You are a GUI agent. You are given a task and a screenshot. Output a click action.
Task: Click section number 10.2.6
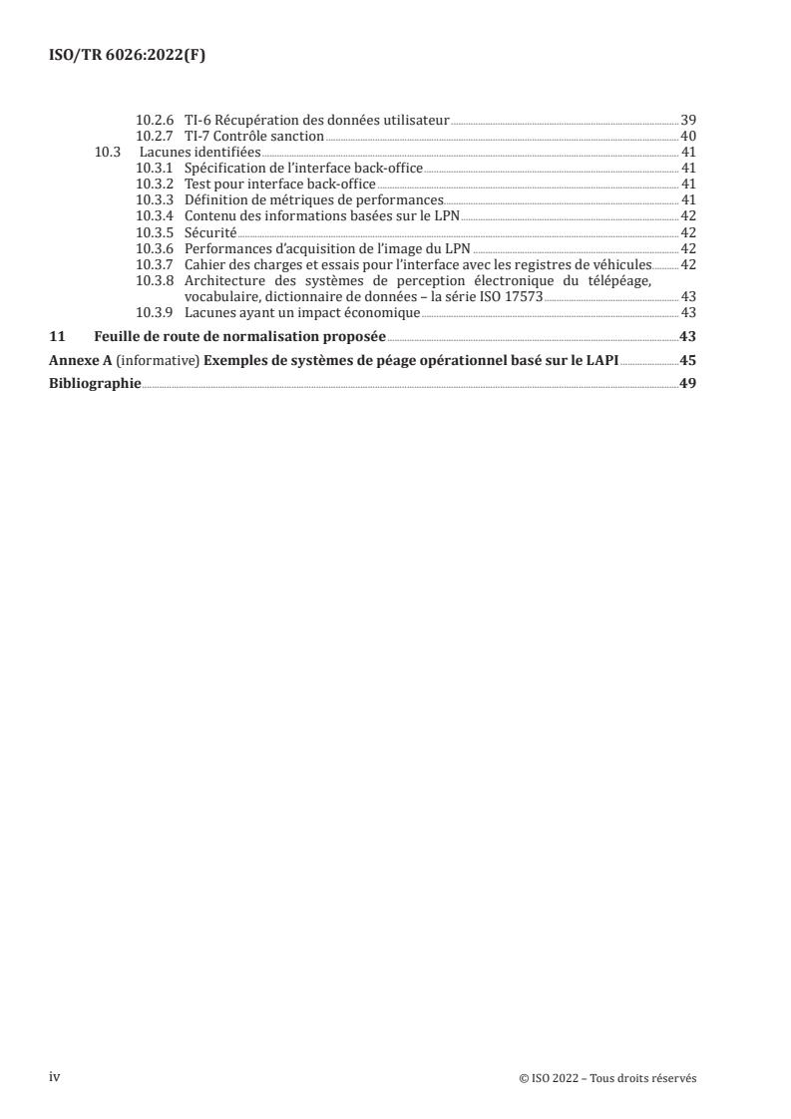(156, 120)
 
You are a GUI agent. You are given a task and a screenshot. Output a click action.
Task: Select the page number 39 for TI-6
(687, 120)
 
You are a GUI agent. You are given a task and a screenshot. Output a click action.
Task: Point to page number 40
(687, 136)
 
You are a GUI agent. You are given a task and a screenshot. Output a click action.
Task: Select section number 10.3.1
(156, 168)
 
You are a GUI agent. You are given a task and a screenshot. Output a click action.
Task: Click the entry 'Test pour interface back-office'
(279, 184)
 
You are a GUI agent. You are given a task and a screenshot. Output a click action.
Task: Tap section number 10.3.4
(156, 215)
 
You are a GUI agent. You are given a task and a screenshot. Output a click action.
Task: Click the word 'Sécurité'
(209, 231)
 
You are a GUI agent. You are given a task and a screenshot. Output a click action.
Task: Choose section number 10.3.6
(156, 247)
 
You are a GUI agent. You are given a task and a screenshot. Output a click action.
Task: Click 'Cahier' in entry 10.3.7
(205, 264)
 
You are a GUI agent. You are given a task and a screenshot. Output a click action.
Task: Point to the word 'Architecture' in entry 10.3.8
(225, 280)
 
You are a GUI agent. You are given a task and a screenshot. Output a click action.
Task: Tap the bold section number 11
(57, 336)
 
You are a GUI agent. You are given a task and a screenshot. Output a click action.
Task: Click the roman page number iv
(55, 1077)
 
